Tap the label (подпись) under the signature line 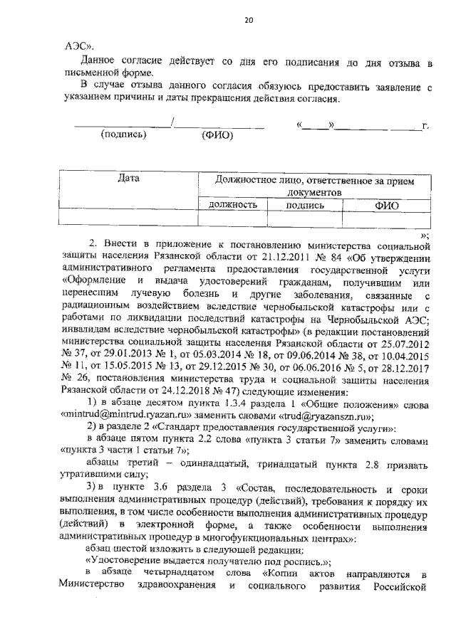pos(124,134)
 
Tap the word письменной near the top pos(93,73)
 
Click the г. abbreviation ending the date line pos(425,126)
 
